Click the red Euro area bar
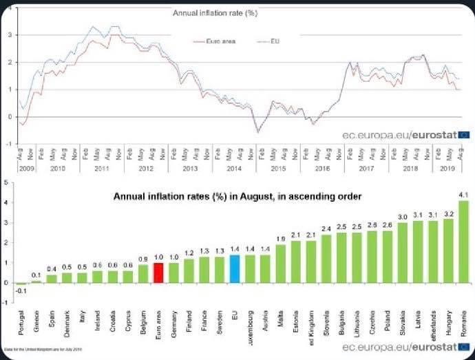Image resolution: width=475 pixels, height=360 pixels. click(158, 273)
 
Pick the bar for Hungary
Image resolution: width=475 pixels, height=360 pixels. click(448, 251)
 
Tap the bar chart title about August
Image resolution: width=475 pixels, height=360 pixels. click(237, 197)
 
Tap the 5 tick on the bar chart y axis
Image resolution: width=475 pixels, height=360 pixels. click(6, 183)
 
